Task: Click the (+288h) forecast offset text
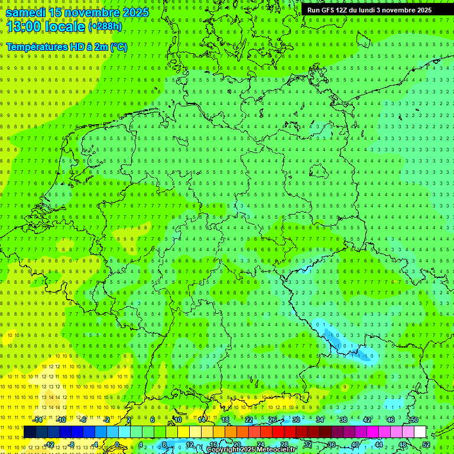click(x=105, y=27)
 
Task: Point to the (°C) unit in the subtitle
click(x=118, y=47)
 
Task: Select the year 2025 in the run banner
click(x=423, y=10)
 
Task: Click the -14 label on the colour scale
click(x=38, y=420)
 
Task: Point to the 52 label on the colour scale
click(x=426, y=445)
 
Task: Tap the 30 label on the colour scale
click(x=296, y=420)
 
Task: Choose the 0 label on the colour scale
click(x=117, y=445)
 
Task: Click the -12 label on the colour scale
click(x=50, y=445)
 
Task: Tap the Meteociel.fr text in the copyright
click(x=276, y=450)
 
